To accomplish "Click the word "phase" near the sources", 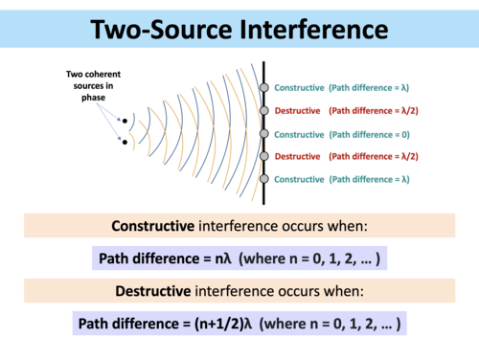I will point(88,107).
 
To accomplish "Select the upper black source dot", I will point(125,122).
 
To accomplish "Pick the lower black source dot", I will point(125,143).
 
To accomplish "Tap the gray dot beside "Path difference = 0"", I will point(264,134).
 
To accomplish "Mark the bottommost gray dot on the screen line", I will point(264,179).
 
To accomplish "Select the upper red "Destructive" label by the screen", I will point(297,111).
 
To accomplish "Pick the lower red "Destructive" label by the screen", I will point(297,156).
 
